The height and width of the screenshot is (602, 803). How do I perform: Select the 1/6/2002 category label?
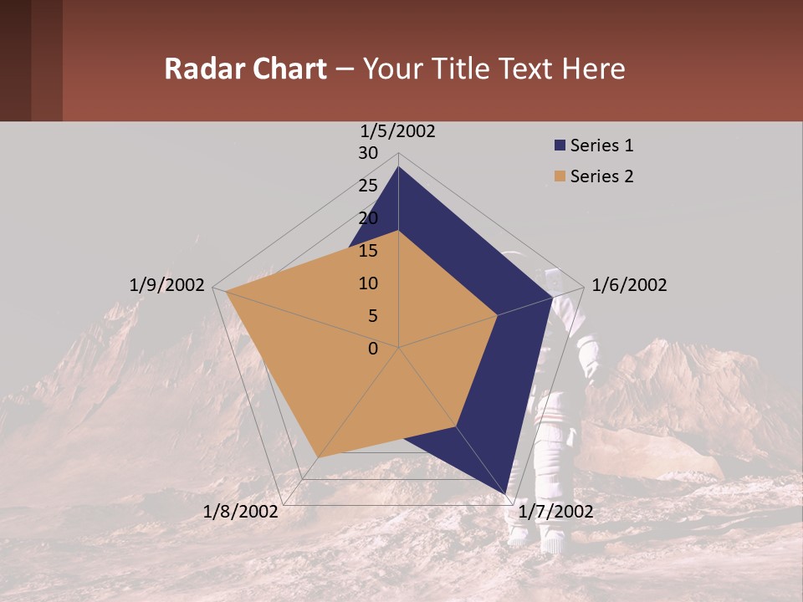[x=629, y=285]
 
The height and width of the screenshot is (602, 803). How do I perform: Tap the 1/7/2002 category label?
[x=556, y=512]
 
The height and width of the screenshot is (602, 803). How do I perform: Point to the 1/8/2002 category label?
[x=241, y=512]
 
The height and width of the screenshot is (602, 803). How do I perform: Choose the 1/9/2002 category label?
[x=166, y=285]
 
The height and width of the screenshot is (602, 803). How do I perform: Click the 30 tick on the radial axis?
[x=368, y=153]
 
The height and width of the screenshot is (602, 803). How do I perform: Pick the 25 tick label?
[x=368, y=186]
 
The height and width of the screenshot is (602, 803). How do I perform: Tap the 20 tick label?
[x=368, y=218]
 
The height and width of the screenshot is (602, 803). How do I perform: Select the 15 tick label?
[x=368, y=251]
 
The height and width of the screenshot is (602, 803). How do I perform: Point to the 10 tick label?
[x=368, y=283]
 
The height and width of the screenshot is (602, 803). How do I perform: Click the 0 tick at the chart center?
[x=373, y=349]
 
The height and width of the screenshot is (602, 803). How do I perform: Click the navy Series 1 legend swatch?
[x=560, y=145]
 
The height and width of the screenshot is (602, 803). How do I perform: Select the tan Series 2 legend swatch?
[x=560, y=176]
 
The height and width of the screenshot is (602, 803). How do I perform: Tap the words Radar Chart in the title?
[x=245, y=69]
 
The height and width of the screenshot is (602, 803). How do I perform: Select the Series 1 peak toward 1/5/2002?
[x=398, y=167]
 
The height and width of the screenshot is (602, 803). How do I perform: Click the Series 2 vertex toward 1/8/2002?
[x=318, y=457]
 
